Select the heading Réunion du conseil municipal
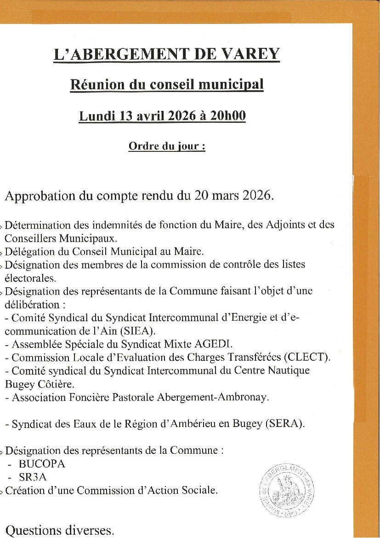point(167,85)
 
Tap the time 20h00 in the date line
point(228,116)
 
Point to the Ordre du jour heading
point(166,146)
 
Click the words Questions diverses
point(60,531)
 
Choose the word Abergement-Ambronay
point(214,397)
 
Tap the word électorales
point(30,278)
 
